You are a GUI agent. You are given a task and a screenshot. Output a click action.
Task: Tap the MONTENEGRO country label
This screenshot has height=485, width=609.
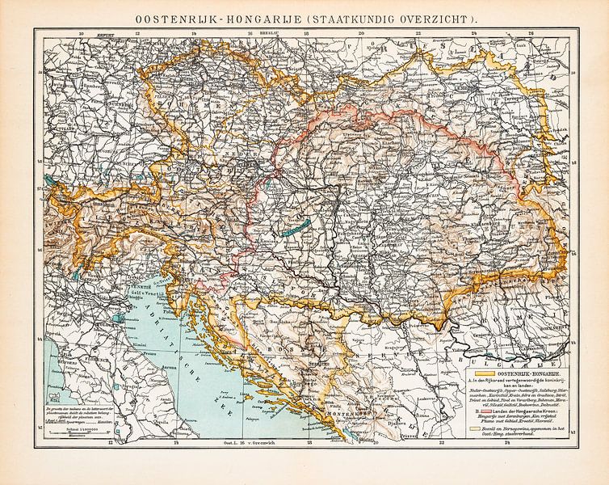point(328,412)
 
